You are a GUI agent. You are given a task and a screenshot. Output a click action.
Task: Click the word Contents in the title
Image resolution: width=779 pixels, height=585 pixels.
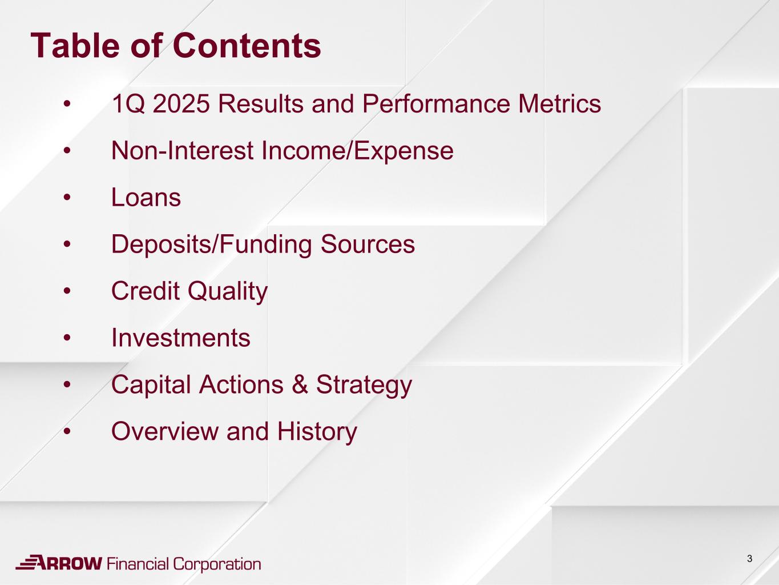pyautogui.click(x=247, y=46)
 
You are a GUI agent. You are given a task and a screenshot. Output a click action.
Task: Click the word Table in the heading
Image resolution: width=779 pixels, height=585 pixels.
pyautogui.click(x=75, y=46)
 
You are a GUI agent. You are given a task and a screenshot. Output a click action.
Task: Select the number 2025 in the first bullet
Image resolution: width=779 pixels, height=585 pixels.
pyautogui.click(x=181, y=104)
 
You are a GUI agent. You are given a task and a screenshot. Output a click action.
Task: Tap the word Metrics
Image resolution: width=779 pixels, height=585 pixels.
pyautogui.click(x=559, y=104)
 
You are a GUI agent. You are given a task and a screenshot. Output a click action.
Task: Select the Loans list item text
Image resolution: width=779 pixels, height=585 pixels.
pyautogui.click(x=146, y=197)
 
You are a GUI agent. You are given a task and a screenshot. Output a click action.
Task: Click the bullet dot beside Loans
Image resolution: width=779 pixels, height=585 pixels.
pyautogui.click(x=67, y=198)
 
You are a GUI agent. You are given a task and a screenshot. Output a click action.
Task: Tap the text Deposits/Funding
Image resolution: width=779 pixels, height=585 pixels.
pyautogui.click(x=212, y=245)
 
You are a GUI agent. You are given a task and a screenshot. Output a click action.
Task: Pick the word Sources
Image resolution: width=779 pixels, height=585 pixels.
pyautogui.click(x=368, y=244)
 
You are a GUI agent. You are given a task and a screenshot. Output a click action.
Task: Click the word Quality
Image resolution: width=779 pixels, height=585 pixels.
pyautogui.click(x=228, y=291)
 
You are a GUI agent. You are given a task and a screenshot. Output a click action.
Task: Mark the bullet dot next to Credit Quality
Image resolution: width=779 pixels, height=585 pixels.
pyautogui.click(x=67, y=291)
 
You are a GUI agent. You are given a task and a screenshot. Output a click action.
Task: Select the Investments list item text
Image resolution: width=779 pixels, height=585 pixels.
pyautogui.click(x=181, y=338)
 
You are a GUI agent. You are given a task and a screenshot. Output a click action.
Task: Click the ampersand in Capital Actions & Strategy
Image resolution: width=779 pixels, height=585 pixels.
pyautogui.click(x=300, y=384)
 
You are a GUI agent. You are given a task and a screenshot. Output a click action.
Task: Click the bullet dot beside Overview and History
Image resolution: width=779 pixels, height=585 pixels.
pyautogui.click(x=67, y=432)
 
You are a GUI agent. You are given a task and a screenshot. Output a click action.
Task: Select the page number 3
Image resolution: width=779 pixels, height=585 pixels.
pyautogui.click(x=749, y=559)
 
